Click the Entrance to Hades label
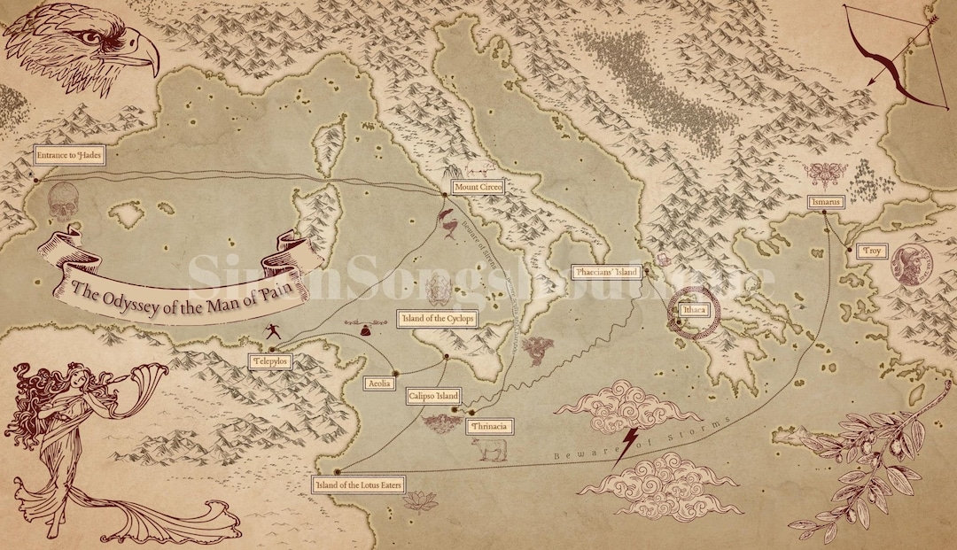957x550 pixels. tap(68, 156)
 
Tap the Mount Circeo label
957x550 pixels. tap(478, 187)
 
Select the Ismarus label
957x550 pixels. tap(824, 202)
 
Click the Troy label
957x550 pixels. tap(873, 252)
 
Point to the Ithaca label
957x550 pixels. tap(693, 310)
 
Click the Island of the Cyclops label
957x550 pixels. tap(439, 319)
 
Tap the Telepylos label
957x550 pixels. tap(270, 361)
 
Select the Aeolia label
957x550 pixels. tap(379, 383)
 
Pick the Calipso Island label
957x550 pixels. tap(433, 396)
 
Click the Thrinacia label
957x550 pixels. tap(488, 426)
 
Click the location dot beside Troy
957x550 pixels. tap(848, 251)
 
